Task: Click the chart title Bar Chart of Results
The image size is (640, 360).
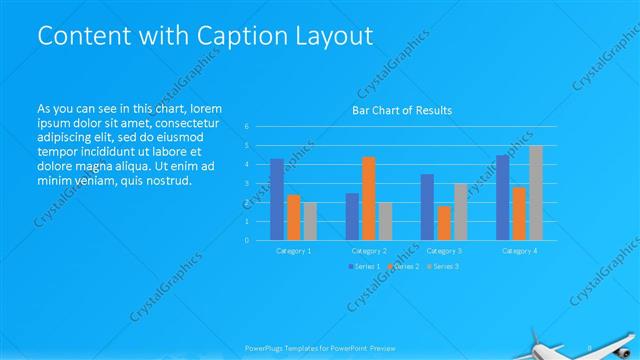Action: coord(402,110)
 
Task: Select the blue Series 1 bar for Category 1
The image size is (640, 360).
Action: coord(277,199)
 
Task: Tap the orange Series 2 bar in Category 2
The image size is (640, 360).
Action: coord(368,198)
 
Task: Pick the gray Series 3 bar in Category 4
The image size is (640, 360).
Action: coord(535,192)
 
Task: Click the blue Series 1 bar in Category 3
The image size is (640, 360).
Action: coord(427,207)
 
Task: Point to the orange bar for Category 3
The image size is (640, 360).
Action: coord(444,223)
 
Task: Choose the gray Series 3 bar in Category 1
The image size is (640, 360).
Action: coord(310,221)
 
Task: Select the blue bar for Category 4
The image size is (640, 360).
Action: coord(502,197)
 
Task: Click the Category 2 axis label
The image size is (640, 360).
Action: coord(369,251)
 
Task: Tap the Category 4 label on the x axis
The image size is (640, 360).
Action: coord(519,251)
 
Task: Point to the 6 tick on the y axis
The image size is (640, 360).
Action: coord(246,127)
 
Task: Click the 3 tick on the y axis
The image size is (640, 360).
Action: coord(246,184)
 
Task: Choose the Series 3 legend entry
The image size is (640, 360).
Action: coord(443,266)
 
